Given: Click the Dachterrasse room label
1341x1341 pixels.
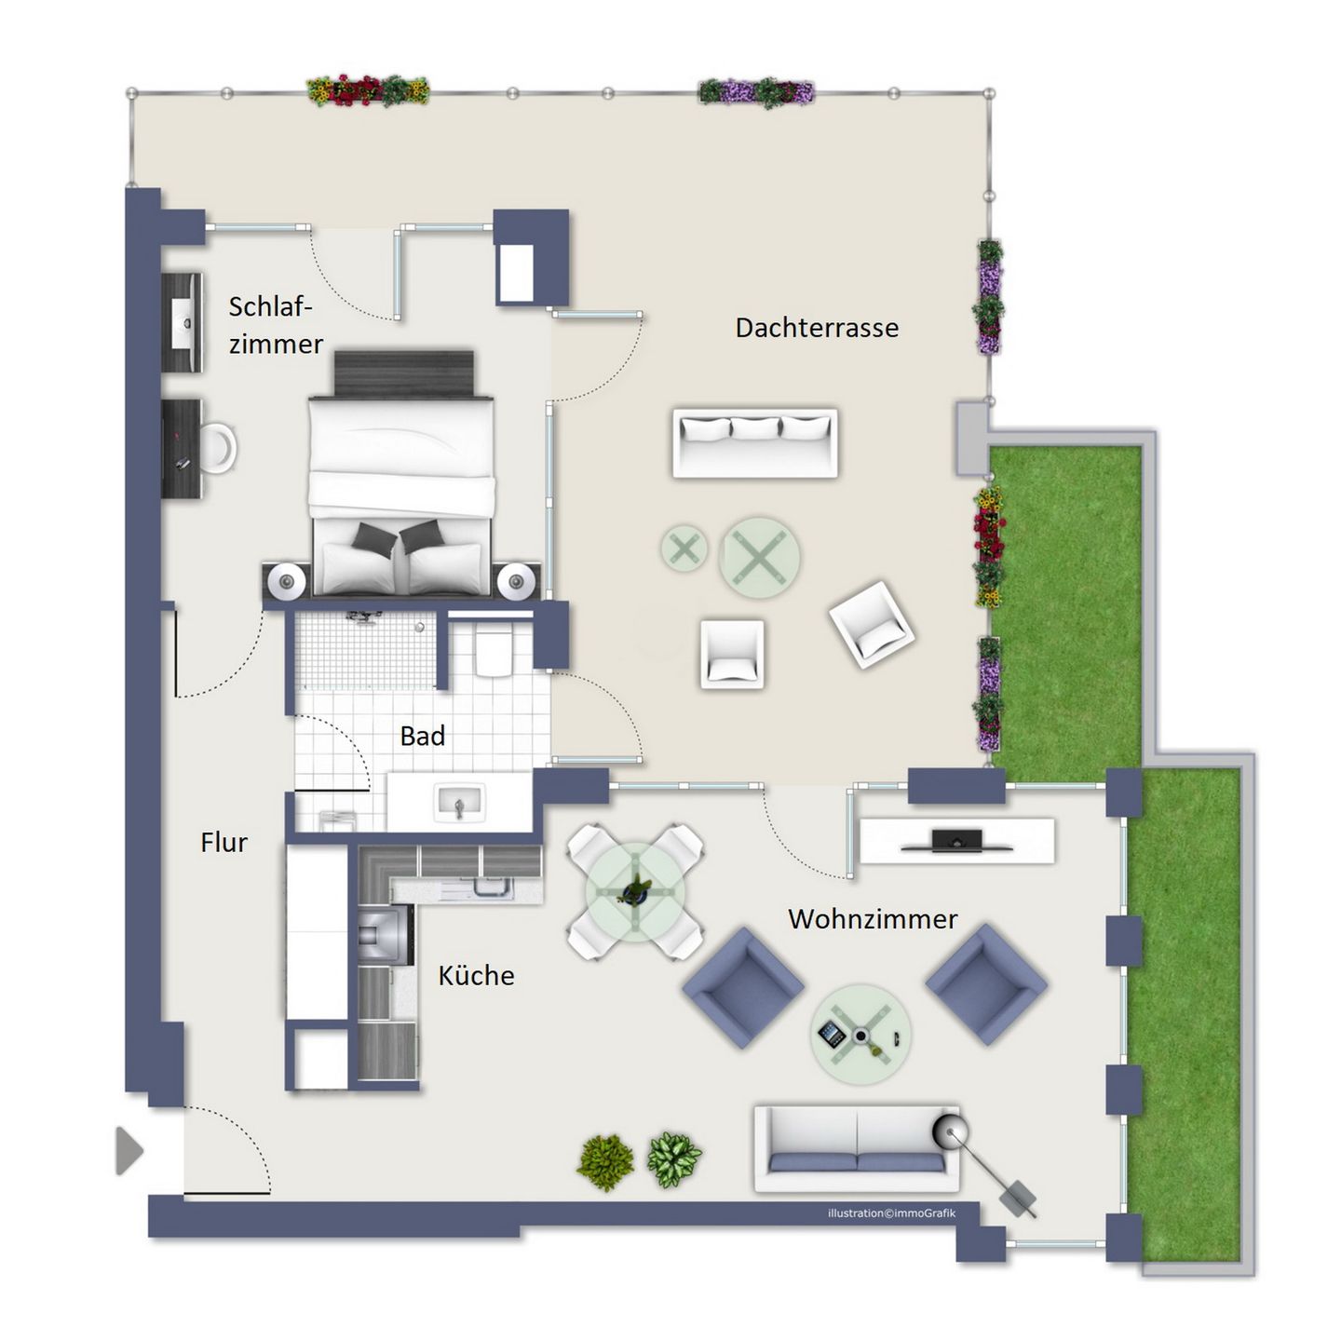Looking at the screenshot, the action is point(817,328).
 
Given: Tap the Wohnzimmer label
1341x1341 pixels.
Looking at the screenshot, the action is point(873,919).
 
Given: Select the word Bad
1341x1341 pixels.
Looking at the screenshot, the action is point(423,736).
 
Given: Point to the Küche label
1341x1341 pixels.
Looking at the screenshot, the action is point(476,975).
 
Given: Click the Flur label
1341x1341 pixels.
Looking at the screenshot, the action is point(223,842).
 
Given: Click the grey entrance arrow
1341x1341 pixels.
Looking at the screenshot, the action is point(129,1151).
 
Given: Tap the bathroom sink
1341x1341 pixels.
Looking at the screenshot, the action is point(458,803).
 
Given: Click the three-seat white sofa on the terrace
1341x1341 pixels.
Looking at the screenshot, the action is point(755,443).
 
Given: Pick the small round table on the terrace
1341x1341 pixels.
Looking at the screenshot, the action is point(684,549).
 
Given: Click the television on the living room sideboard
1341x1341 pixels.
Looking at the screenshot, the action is point(957,841).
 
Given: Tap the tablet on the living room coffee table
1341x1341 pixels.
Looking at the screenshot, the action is point(832,1034).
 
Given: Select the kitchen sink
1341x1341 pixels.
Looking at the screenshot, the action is point(492,887).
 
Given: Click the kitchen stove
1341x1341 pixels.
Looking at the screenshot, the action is point(385,936).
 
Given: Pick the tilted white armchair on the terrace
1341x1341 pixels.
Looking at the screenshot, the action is point(872,625).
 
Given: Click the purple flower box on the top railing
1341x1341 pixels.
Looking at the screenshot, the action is point(756,92).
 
